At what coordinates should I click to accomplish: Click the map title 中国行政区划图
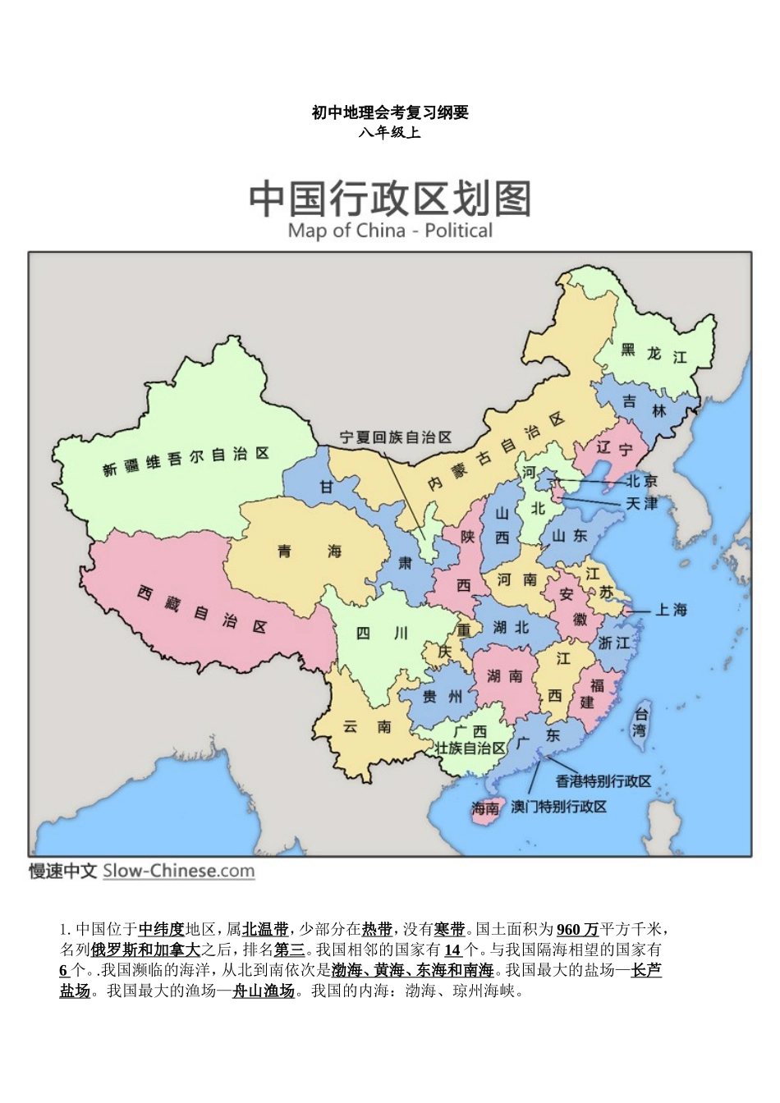[390, 199]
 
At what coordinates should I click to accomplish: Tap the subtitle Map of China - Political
[390, 231]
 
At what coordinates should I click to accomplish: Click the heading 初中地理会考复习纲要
[390, 112]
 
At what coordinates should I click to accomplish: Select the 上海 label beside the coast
[671, 610]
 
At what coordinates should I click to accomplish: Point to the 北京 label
[641, 481]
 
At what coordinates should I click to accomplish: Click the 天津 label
[641, 503]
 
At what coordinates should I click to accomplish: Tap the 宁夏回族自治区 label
[396, 437]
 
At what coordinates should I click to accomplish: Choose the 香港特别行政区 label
[603, 780]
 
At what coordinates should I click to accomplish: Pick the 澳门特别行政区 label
[559, 807]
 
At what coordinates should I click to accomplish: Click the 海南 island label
[485, 808]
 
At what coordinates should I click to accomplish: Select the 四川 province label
[382, 633]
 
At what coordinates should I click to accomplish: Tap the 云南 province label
[367, 726]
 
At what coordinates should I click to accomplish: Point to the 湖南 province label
[504, 675]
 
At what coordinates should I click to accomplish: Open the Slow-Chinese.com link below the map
[178, 872]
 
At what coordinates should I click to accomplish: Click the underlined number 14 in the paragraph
[453, 950]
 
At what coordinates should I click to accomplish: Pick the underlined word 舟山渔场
[263, 991]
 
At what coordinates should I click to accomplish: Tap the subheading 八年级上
[390, 132]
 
